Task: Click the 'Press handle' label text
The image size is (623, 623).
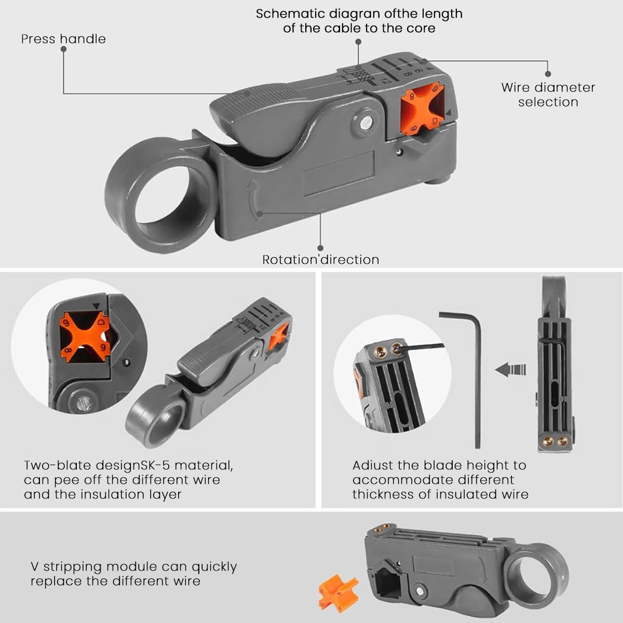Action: (x=63, y=39)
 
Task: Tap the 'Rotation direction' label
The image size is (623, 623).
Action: (x=321, y=260)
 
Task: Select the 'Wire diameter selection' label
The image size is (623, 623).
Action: (x=548, y=94)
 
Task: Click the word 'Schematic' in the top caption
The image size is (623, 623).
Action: (x=289, y=14)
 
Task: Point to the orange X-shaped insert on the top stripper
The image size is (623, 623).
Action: (x=422, y=109)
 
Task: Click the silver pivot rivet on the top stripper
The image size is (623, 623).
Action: (x=365, y=123)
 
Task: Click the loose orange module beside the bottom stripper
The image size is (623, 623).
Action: (x=337, y=593)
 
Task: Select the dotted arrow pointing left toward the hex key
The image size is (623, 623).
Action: (x=510, y=370)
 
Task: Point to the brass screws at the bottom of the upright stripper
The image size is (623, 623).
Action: (x=554, y=440)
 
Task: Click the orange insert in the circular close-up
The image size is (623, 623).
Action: (x=85, y=337)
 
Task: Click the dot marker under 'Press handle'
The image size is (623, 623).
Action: (x=64, y=49)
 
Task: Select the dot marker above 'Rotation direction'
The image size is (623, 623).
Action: (x=320, y=248)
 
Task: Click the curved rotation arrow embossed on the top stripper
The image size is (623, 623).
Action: (x=252, y=200)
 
